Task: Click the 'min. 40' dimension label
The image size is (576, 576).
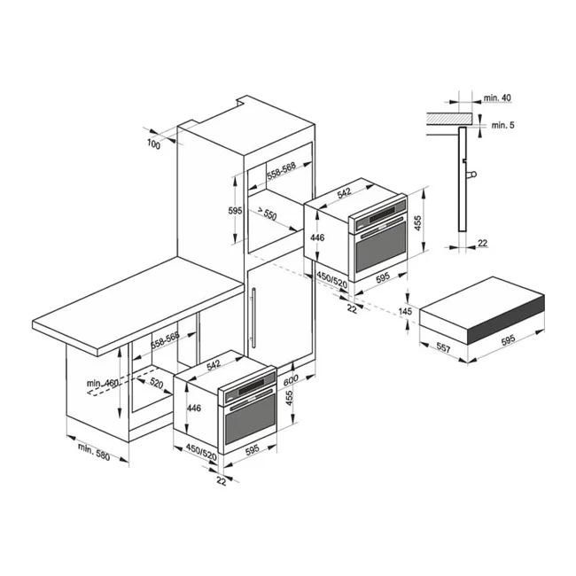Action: click(498, 97)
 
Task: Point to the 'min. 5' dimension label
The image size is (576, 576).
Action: click(501, 126)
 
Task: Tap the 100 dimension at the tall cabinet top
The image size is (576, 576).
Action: click(154, 144)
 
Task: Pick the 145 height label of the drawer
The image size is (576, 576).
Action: click(407, 312)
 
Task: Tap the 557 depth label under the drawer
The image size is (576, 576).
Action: click(444, 351)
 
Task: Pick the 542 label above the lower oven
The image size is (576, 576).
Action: click(214, 364)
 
